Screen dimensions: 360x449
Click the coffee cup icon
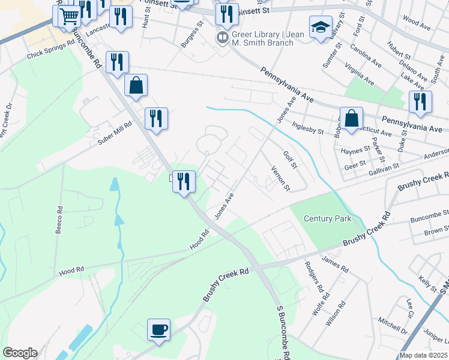pyautogui.click(x=159, y=330)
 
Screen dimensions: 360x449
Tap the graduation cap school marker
pyautogui.click(x=321, y=27)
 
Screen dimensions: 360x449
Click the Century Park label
pyautogui.click(x=327, y=218)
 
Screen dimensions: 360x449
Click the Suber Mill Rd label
pyautogui.click(x=115, y=139)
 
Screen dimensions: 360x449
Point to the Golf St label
pyautogui.click(x=291, y=159)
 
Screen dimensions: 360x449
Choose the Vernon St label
pyautogui.click(x=281, y=179)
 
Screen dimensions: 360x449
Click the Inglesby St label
pyautogui.click(x=307, y=127)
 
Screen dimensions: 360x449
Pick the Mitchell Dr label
pyautogui.click(x=393, y=325)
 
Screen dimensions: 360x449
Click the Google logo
pyautogui.click(x=20, y=353)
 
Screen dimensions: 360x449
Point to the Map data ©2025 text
pyautogui.click(x=423, y=355)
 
